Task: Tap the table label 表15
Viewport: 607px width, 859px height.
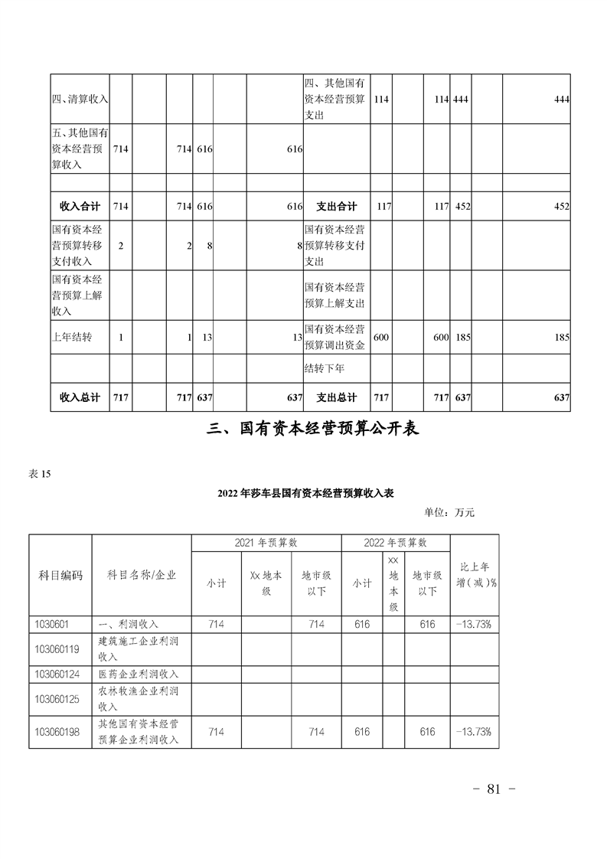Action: click(39, 474)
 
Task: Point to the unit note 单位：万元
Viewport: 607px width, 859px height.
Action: click(449, 512)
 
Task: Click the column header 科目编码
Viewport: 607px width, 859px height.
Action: click(60, 575)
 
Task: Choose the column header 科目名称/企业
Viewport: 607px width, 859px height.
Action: click(141, 575)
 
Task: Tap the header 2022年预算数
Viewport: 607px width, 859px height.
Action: click(396, 543)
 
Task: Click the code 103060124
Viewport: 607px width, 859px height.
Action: click(57, 674)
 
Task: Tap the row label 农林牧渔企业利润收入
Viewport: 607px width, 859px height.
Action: click(139, 698)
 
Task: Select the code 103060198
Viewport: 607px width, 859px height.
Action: click(57, 732)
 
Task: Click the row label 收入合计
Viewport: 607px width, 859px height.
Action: click(80, 206)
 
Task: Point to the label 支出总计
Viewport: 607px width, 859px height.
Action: click(337, 397)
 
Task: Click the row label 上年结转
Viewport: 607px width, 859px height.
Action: click(72, 336)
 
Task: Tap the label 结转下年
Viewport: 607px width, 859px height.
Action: click(325, 368)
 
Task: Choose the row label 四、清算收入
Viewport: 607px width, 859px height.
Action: click(80, 99)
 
